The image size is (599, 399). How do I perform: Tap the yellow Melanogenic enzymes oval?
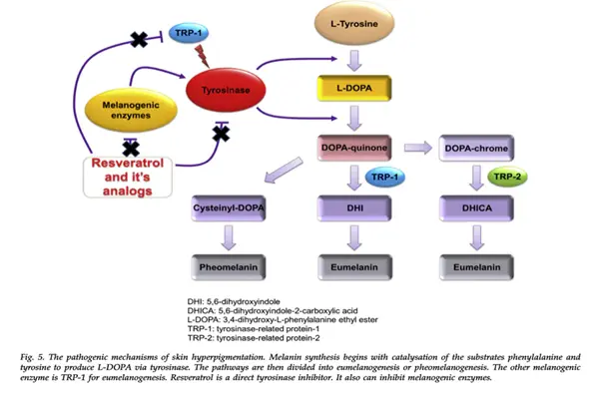(x=127, y=107)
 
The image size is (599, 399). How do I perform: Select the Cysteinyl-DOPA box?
(x=229, y=208)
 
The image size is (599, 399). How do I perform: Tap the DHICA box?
(x=472, y=208)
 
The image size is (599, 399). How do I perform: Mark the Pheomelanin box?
(x=229, y=266)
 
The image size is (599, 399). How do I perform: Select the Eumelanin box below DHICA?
(x=472, y=266)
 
